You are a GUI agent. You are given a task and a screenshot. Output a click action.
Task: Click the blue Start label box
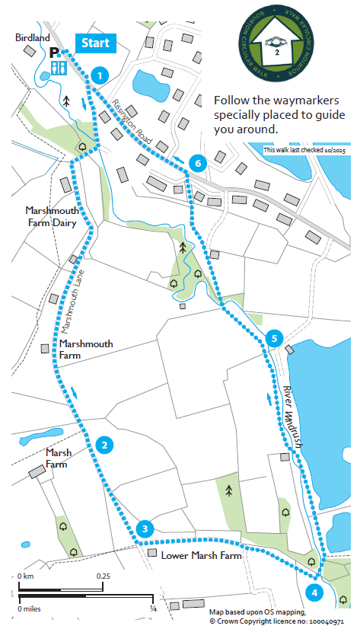tap(95, 43)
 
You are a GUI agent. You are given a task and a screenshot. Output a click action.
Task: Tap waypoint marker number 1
tap(97, 75)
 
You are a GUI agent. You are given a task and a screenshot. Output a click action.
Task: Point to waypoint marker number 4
tap(314, 591)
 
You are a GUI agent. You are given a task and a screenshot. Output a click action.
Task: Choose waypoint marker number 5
tap(275, 338)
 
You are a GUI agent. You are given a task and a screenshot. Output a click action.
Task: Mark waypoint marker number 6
tap(197, 164)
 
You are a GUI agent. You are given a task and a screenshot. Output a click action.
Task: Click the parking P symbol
tap(54, 53)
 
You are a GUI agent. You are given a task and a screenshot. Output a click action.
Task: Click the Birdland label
tap(32, 37)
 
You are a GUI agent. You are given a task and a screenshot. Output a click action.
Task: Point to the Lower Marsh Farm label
tap(201, 556)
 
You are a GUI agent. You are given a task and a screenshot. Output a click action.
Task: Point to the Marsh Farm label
tap(59, 458)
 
